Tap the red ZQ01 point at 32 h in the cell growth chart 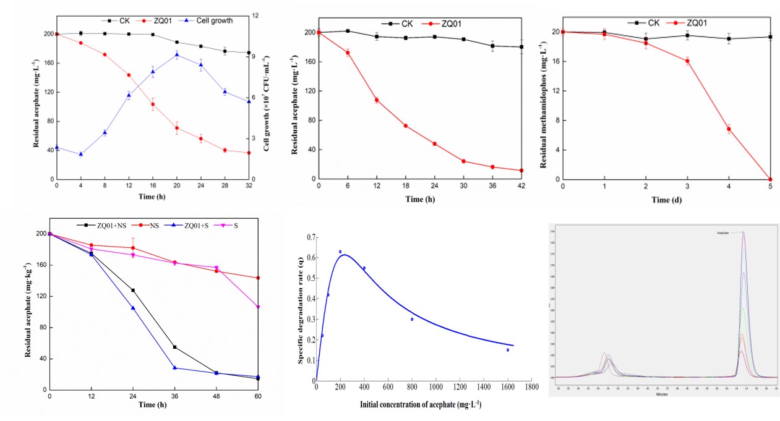point(249,153)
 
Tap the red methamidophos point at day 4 point(729,129)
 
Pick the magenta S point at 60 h point(257,307)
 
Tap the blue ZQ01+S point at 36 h point(175,368)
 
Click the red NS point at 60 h point(257,278)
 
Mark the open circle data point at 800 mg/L point(412,319)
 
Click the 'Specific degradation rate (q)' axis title point(302,307)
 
